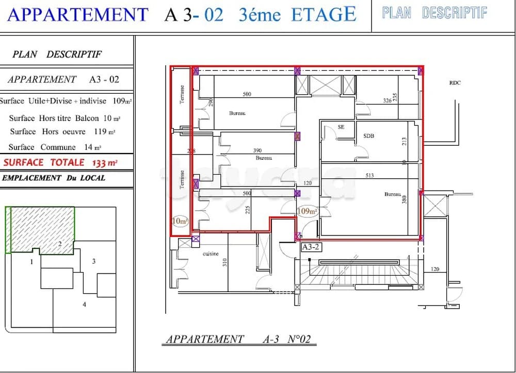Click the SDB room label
pyautogui.click(x=368, y=136)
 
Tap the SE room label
pyautogui.click(x=341, y=127)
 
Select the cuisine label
pyautogui.click(x=211, y=253)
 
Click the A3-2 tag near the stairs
pyautogui.click(x=312, y=247)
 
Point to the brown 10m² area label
pyautogui.click(x=180, y=222)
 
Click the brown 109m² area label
pyautogui.click(x=307, y=211)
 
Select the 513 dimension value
pyautogui.click(x=369, y=176)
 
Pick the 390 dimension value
pyautogui.click(x=257, y=150)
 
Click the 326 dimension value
pyautogui.click(x=387, y=101)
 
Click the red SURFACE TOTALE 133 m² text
pyautogui.click(x=60, y=162)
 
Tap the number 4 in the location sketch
pyautogui.click(x=84, y=304)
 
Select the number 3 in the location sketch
pyautogui.click(x=93, y=261)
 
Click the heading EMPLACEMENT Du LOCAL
pyautogui.click(x=54, y=178)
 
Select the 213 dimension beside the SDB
pyautogui.click(x=405, y=141)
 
